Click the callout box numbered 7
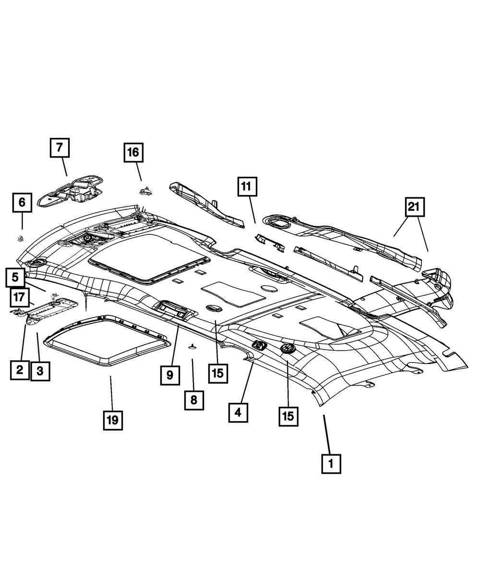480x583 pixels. pyautogui.click(x=60, y=148)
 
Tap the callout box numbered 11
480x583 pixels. pyautogui.click(x=246, y=187)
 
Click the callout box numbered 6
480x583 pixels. pyautogui.click(x=22, y=203)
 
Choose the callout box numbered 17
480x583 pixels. pyautogui.click(x=19, y=297)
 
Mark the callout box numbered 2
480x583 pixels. pyautogui.click(x=20, y=369)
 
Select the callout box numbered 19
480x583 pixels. pyautogui.click(x=112, y=421)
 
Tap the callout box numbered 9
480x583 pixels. pyautogui.click(x=170, y=375)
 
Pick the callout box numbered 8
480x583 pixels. pyautogui.click(x=193, y=400)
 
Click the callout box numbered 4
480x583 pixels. pyautogui.click(x=238, y=412)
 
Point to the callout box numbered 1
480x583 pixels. pyautogui.click(x=331, y=464)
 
